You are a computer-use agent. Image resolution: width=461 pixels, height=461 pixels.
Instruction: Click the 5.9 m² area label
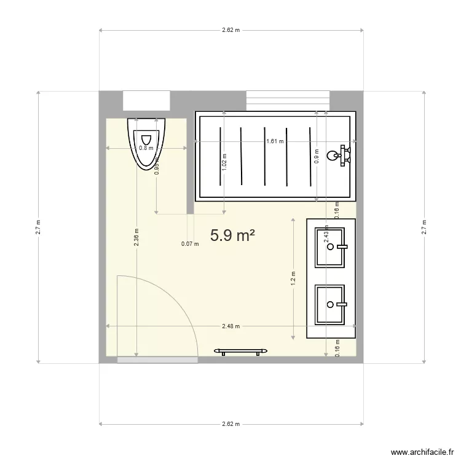point(232,235)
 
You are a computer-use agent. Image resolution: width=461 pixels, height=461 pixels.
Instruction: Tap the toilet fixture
point(147,143)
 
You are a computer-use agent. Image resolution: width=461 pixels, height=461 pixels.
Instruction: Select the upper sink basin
point(331,247)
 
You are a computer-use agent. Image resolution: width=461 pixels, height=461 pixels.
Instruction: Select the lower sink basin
point(331,304)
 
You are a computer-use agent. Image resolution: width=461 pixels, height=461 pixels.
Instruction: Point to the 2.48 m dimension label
point(231,326)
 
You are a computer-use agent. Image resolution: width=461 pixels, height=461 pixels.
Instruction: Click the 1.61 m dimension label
point(275,141)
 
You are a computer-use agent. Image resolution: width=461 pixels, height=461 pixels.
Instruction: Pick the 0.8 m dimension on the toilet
point(146,148)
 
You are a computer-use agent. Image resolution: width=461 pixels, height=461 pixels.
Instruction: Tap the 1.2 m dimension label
point(294,279)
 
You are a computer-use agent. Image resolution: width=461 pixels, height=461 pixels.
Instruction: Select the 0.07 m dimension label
point(190,244)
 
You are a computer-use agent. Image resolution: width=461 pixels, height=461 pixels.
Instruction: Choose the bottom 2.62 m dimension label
point(231,424)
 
